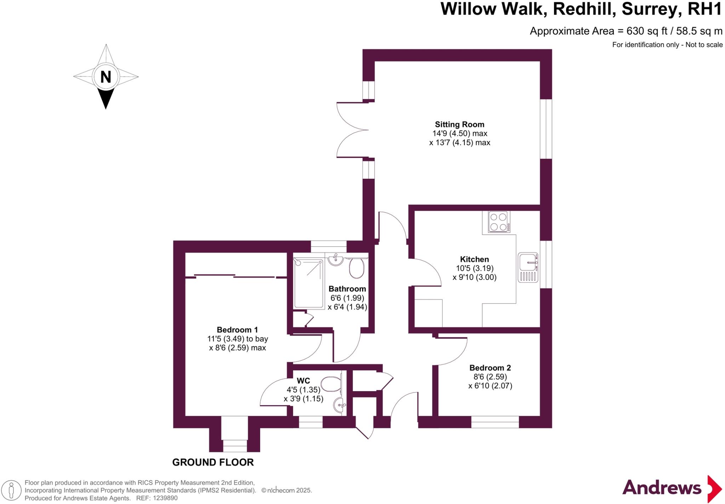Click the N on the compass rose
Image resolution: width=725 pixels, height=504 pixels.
coord(105,77)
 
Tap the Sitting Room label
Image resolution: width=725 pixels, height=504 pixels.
coord(459,125)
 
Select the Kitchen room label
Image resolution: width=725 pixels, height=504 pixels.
coord(474,259)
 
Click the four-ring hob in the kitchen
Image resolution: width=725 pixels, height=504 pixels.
coord(499,222)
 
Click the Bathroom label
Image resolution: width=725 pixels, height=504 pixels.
coord(347,289)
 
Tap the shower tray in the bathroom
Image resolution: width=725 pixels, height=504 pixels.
coord(309,283)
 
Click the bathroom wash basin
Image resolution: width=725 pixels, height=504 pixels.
coord(335,260)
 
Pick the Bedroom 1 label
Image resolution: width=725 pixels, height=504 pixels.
coord(237,330)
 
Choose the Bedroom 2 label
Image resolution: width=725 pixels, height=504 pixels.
coord(490,368)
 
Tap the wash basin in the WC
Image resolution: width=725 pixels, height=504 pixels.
coord(340,404)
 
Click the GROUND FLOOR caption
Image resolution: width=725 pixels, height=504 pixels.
coord(213,462)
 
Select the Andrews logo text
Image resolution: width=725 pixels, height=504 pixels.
coord(661,488)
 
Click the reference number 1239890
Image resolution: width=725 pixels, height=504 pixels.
coord(165,498)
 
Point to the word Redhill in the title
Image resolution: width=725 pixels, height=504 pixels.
coord(583,9)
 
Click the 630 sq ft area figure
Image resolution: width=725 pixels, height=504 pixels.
coord(647,31)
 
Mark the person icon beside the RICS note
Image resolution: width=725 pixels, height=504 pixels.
coord(12,490)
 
